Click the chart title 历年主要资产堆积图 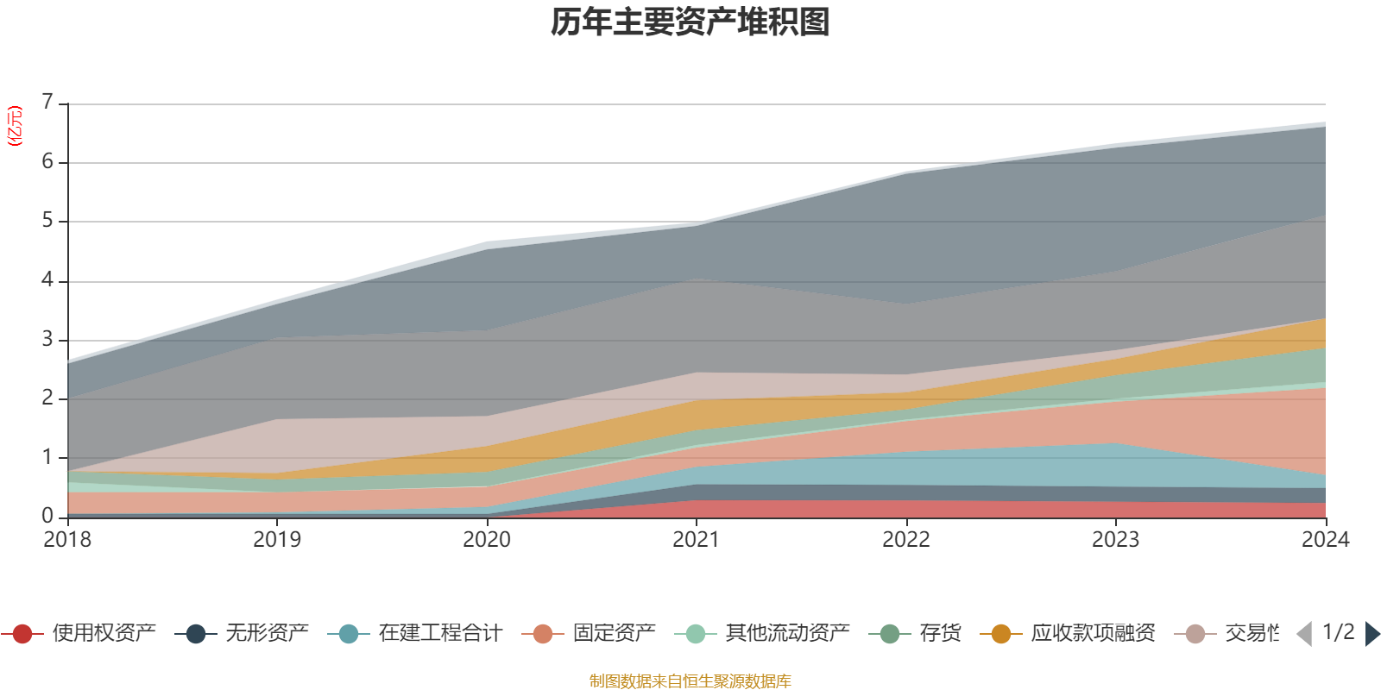(x=690, y=22)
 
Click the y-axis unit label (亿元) (x=15, y=126)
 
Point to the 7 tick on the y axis (x=47, y=103)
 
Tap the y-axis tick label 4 (x=47, y=280)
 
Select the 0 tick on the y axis (x=47, y=516)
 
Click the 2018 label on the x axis (x=67, y=539)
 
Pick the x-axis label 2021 (x=696, y=539)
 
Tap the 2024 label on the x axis (x=1325, y=539)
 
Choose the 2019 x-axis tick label (x=277, y=539)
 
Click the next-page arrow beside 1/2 (x=1372, y=634)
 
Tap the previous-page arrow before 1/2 (x=1304, y=634)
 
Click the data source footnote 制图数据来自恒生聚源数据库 (x=690, y=681)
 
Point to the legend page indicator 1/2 (x=1338, y=632)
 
